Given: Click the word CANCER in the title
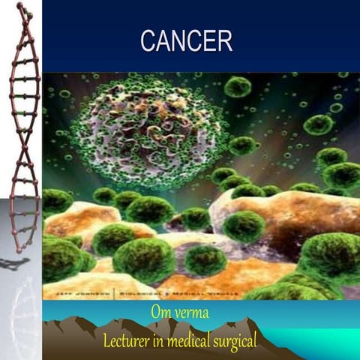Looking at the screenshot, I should coord(186,41).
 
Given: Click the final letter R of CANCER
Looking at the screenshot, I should coord(224,41).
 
